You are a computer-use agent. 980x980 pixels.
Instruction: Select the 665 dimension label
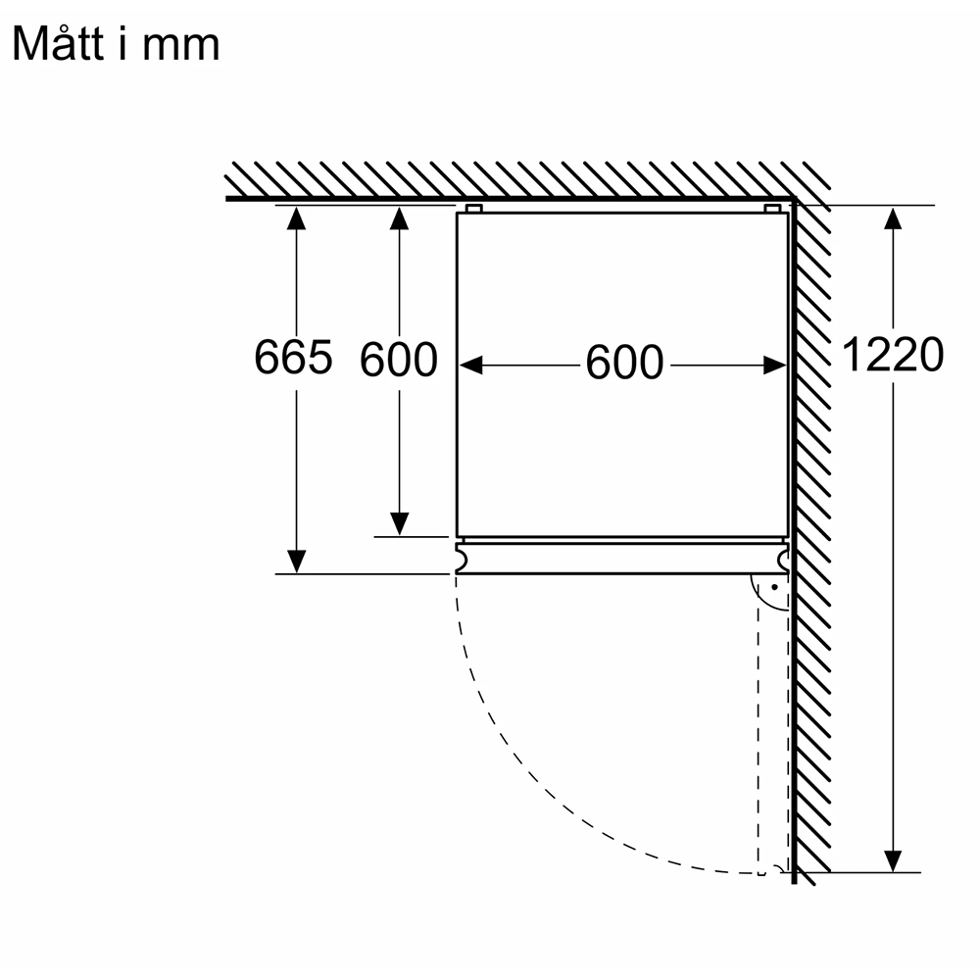click(x=293, y=358)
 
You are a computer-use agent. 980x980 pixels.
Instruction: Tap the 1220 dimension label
click(x=893, y=355)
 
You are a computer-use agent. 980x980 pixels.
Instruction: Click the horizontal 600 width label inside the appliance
click(x=624, y=363)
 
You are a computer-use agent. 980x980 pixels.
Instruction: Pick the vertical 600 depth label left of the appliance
click(x=398, y=360)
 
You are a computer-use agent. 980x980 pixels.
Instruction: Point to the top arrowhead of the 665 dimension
click(x=296, y=218)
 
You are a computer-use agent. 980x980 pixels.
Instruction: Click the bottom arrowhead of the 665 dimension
click(x=296, y=562)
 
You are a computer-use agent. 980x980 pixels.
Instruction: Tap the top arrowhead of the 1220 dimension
click(x=893, y=218)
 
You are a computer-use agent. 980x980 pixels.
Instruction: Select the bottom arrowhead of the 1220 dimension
click(x=893, y=860)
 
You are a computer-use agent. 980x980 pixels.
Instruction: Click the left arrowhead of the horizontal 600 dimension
click(x=471, y=365)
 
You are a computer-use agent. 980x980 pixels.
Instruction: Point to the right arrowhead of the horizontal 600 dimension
click(x=775, y=365)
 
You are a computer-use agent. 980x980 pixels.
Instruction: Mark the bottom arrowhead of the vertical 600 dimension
click(x=400, y=524)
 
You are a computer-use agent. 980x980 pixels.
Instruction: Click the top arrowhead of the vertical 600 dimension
click(x=400, y=218)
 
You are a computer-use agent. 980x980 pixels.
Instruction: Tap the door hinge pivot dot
click(x=775, y=587)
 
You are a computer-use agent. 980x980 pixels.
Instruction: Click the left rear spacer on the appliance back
click(x=473, y=208)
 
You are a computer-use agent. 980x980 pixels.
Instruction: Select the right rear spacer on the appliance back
click(x=772, y=208)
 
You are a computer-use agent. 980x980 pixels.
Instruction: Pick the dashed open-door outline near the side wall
click(x=759, y=738)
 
